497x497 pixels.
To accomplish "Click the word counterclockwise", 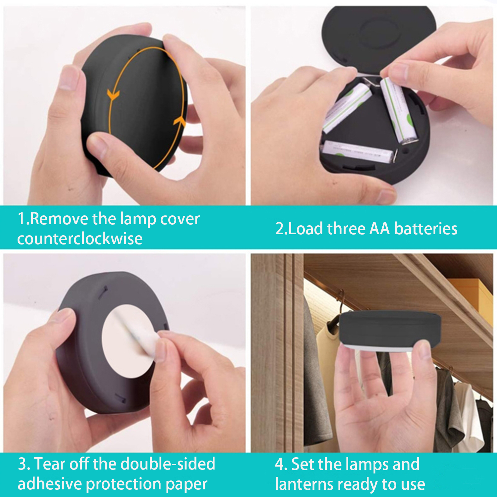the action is pyautogui.click(x=80, y=239).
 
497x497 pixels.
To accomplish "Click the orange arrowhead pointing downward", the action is pyautogui.click(x=113, y=95).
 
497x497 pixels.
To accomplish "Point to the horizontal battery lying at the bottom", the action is pyautogui.click(x=359, y=151).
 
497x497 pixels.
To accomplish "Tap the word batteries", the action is pyautogui.click(x=426, y=229).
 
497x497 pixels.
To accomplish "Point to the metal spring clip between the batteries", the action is pyautogui.click(x=371, y=82).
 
